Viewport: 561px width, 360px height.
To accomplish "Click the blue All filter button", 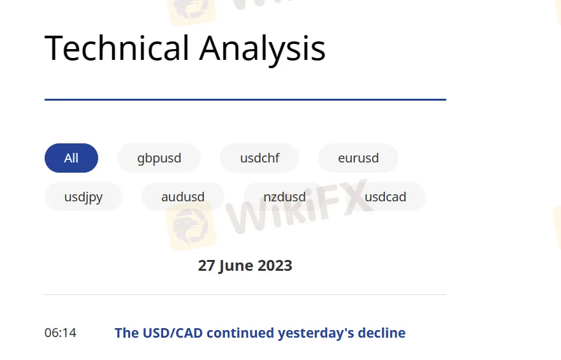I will [71, 158].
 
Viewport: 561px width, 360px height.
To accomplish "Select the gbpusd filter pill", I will [159, 158].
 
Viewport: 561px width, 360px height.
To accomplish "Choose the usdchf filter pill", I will [259, 158].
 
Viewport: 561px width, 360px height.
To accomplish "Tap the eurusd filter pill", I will [358, 158].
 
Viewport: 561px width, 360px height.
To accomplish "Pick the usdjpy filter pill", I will [84, 197].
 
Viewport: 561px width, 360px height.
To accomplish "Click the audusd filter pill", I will [183, 197].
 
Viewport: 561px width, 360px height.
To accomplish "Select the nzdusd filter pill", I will [284, 197].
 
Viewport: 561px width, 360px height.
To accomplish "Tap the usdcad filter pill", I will [385, 197].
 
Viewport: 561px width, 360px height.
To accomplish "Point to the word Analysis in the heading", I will [263, 48].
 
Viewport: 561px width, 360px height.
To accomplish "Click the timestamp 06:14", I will [60, 333].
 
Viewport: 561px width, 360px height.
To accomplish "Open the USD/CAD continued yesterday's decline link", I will [259, 333].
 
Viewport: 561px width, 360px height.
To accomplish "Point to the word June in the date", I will [235, 266].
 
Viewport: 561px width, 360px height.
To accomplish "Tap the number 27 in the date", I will [207, 266].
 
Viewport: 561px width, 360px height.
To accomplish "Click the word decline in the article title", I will [382, 333].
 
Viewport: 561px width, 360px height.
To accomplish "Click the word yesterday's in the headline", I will [317, 333].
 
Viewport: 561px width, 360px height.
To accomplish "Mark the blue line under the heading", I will [245, 99].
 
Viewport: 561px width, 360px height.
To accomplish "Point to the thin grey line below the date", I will [245, 295].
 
